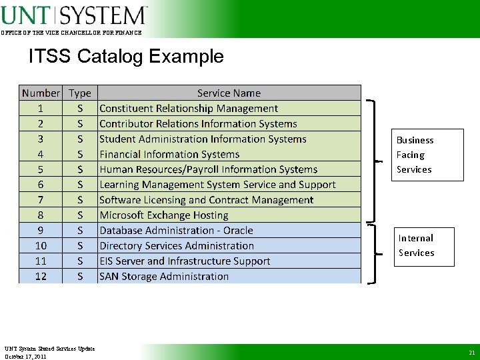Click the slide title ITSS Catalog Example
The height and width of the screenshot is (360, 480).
(126, 56)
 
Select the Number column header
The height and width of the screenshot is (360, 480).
(41, 93)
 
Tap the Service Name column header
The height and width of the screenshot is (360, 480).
(229, 93)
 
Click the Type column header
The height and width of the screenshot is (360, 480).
(80, 93)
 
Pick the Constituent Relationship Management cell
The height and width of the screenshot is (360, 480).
(189, 108)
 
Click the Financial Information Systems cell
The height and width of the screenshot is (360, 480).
(169, 154)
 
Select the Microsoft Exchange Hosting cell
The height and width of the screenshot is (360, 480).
(164, 215)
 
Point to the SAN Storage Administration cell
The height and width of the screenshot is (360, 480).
(164, 276)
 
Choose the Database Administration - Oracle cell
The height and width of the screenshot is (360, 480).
(176, 231)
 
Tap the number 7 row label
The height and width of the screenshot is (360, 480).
(41, 200)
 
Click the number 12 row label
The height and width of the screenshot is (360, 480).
(41, 276)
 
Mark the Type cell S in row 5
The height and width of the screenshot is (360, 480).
(80, 169)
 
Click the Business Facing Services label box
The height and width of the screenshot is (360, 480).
(427, 155)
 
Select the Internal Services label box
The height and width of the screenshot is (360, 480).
(424, 246)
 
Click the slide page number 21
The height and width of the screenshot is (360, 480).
(471, 353)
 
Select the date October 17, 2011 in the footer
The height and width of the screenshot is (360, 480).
(25, 357)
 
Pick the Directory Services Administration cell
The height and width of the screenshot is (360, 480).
(177, 246)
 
